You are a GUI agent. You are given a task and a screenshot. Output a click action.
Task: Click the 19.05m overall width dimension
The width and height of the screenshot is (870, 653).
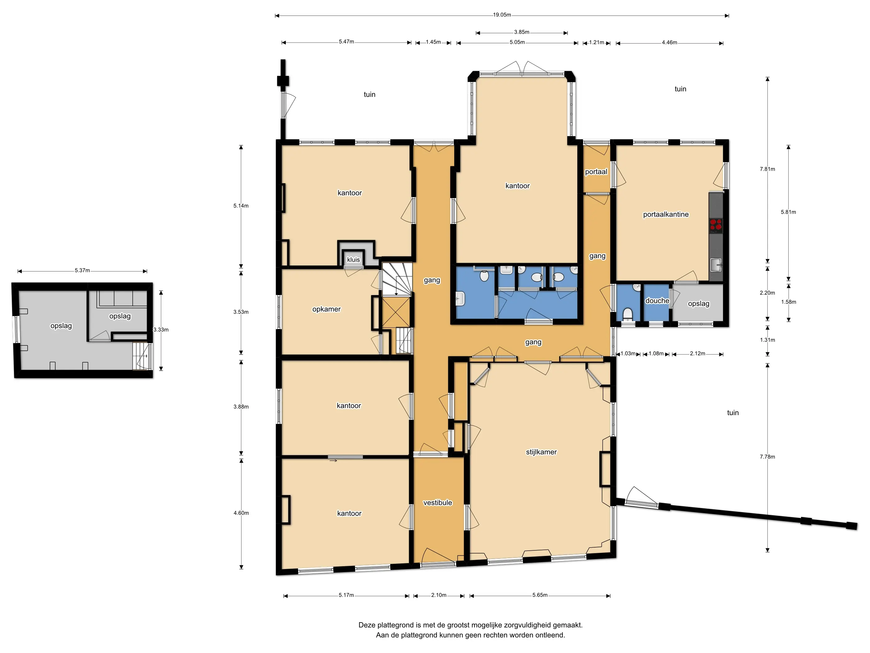[502, 15]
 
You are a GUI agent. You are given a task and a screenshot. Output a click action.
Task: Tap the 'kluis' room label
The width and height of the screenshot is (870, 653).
[353, 259]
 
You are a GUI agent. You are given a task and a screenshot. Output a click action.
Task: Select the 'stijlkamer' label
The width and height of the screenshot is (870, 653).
[541, 452]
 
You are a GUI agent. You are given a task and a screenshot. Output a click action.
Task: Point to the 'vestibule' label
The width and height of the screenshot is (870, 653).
[437, 502]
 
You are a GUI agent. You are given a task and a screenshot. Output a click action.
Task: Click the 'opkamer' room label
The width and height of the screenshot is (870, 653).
[327, 309]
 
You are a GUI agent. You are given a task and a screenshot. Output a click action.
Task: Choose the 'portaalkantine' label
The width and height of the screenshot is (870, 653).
[666, 215]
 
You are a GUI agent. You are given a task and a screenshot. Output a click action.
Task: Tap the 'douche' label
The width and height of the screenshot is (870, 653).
[657, 301]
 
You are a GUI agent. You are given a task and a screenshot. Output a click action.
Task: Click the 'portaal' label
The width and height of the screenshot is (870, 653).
[596, 172]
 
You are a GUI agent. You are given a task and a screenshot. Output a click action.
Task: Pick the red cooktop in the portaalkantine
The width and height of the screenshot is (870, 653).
[716, 225]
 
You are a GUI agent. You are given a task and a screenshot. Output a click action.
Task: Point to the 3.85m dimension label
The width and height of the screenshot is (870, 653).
[521, 32]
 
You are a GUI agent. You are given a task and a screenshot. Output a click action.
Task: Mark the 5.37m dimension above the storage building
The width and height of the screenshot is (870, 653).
[82, 271]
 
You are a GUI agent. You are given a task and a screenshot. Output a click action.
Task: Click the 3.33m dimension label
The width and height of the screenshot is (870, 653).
[161, 329]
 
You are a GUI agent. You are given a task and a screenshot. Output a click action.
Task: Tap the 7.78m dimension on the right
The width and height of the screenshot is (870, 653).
[767, 456]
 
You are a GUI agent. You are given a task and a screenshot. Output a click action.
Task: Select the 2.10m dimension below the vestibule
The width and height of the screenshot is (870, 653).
[438, 595]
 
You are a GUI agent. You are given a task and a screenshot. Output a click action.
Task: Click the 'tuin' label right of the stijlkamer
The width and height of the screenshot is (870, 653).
[733, 413]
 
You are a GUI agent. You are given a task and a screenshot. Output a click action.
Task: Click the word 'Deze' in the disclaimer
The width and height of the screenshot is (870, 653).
[367, 625]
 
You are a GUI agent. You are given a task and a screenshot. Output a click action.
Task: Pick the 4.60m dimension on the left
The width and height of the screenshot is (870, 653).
[241, 513]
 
